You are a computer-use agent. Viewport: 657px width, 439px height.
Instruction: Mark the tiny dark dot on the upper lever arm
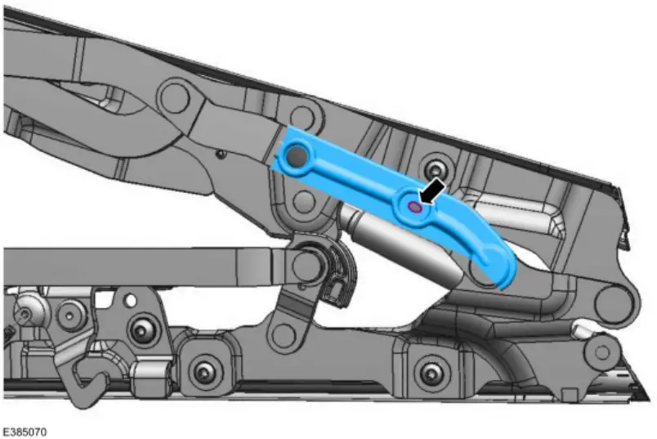point(221,152)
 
